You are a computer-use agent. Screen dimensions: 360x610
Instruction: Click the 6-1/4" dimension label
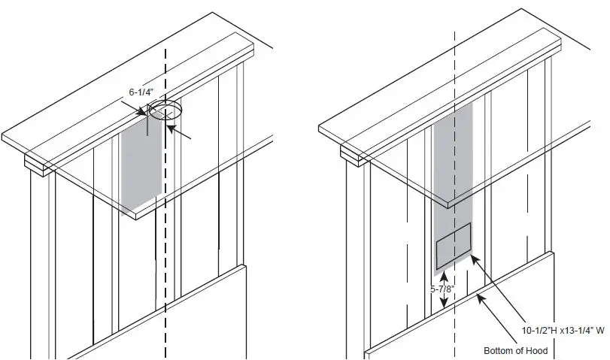pyautogui.click(x=141, y=92)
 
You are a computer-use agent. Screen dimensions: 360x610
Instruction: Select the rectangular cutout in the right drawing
pyautogui.click(x=454, y=246)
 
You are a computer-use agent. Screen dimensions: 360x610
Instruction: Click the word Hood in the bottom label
pyautogui.click(x=537, y=351)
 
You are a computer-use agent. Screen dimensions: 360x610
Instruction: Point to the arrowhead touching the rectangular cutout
pyautogui.click(x=475, y=258)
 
